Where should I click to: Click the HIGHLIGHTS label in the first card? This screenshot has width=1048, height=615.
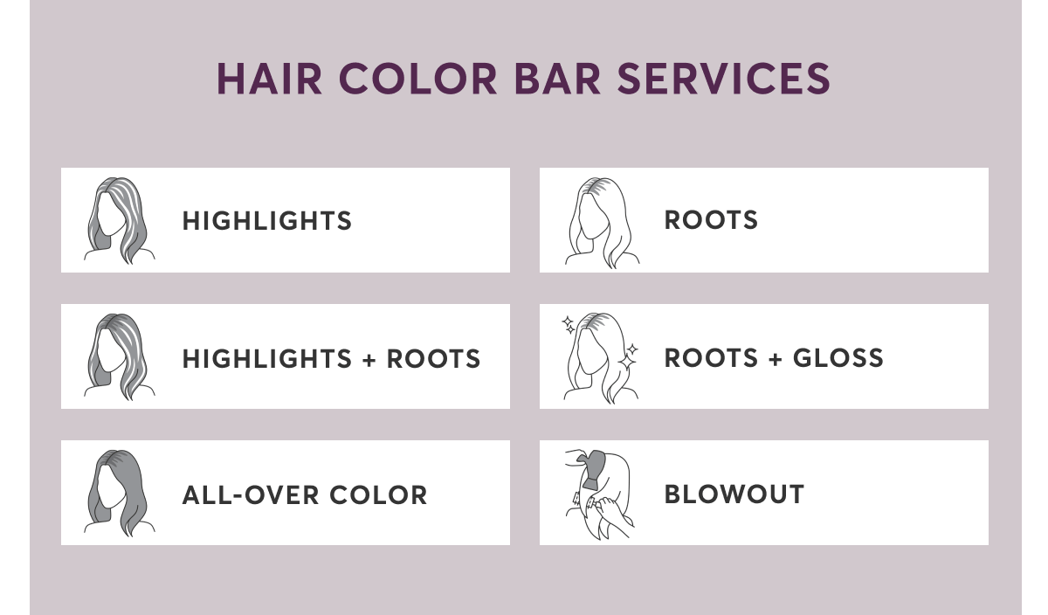tap(267, 221)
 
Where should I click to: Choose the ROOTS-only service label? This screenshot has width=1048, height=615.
tap(711, 219)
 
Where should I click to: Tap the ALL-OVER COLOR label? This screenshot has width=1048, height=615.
tap(305, 495)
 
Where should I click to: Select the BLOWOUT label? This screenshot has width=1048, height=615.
tap(734, 494)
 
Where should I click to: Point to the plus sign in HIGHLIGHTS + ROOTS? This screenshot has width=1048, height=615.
tap(368, 359)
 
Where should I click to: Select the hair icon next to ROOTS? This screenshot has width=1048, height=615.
tap(601, 220)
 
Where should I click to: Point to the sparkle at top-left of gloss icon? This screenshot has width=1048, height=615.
tap(569, 326)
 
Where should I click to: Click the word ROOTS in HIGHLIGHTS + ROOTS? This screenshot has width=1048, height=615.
tap(433, 359)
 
